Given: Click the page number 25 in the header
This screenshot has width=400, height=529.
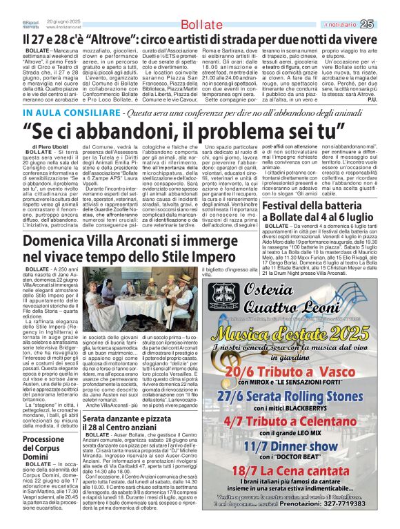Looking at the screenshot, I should [386, 24].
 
